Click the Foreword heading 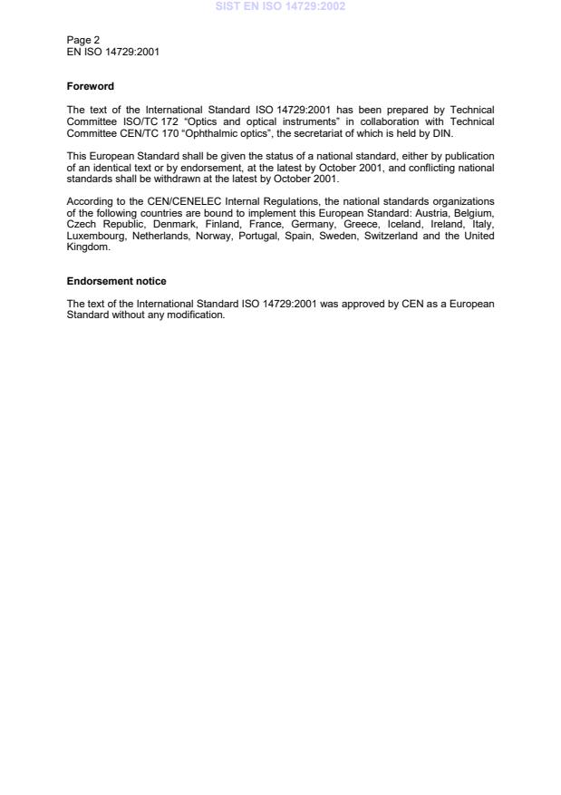[x=91, y=87]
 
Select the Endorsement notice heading [x=117, y=281]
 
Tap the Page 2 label [x=83, y=41]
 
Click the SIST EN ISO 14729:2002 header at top [x=280, y=6]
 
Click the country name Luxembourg [x=96, y=237]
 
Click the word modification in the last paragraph [x=196, y=315]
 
